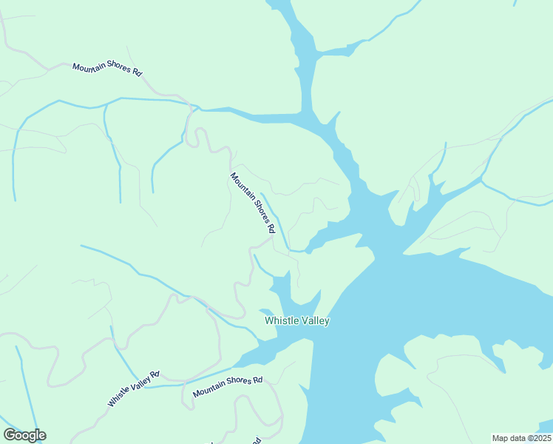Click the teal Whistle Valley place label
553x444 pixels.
pyautogui.click(x=297, y=320)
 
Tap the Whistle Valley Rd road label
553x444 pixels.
pyautogui.click(x=134, y=389)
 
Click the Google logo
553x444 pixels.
pyautogui.click(x=24, y=435)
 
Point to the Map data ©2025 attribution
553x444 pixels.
pyautogui.click(x=520, y=438)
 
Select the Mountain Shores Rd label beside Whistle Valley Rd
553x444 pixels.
pyautogui.click(x=228, y=387)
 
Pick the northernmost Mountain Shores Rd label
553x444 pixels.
pyautogui.click(x=107, y=69)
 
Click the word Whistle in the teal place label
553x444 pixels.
pyautogui.click(x=282, y=320)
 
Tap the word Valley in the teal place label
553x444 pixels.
pyautogui.click(x=315, y=320)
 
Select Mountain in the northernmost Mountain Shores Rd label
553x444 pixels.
pyautogui.click(x=88, y=67)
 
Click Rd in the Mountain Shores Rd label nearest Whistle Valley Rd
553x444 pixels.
pyautogui.click(x=257, y=380)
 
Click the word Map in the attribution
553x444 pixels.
pyautogui.click(x=500, y=438)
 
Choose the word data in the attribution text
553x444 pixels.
pyautogui.click(x=515, y=438)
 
